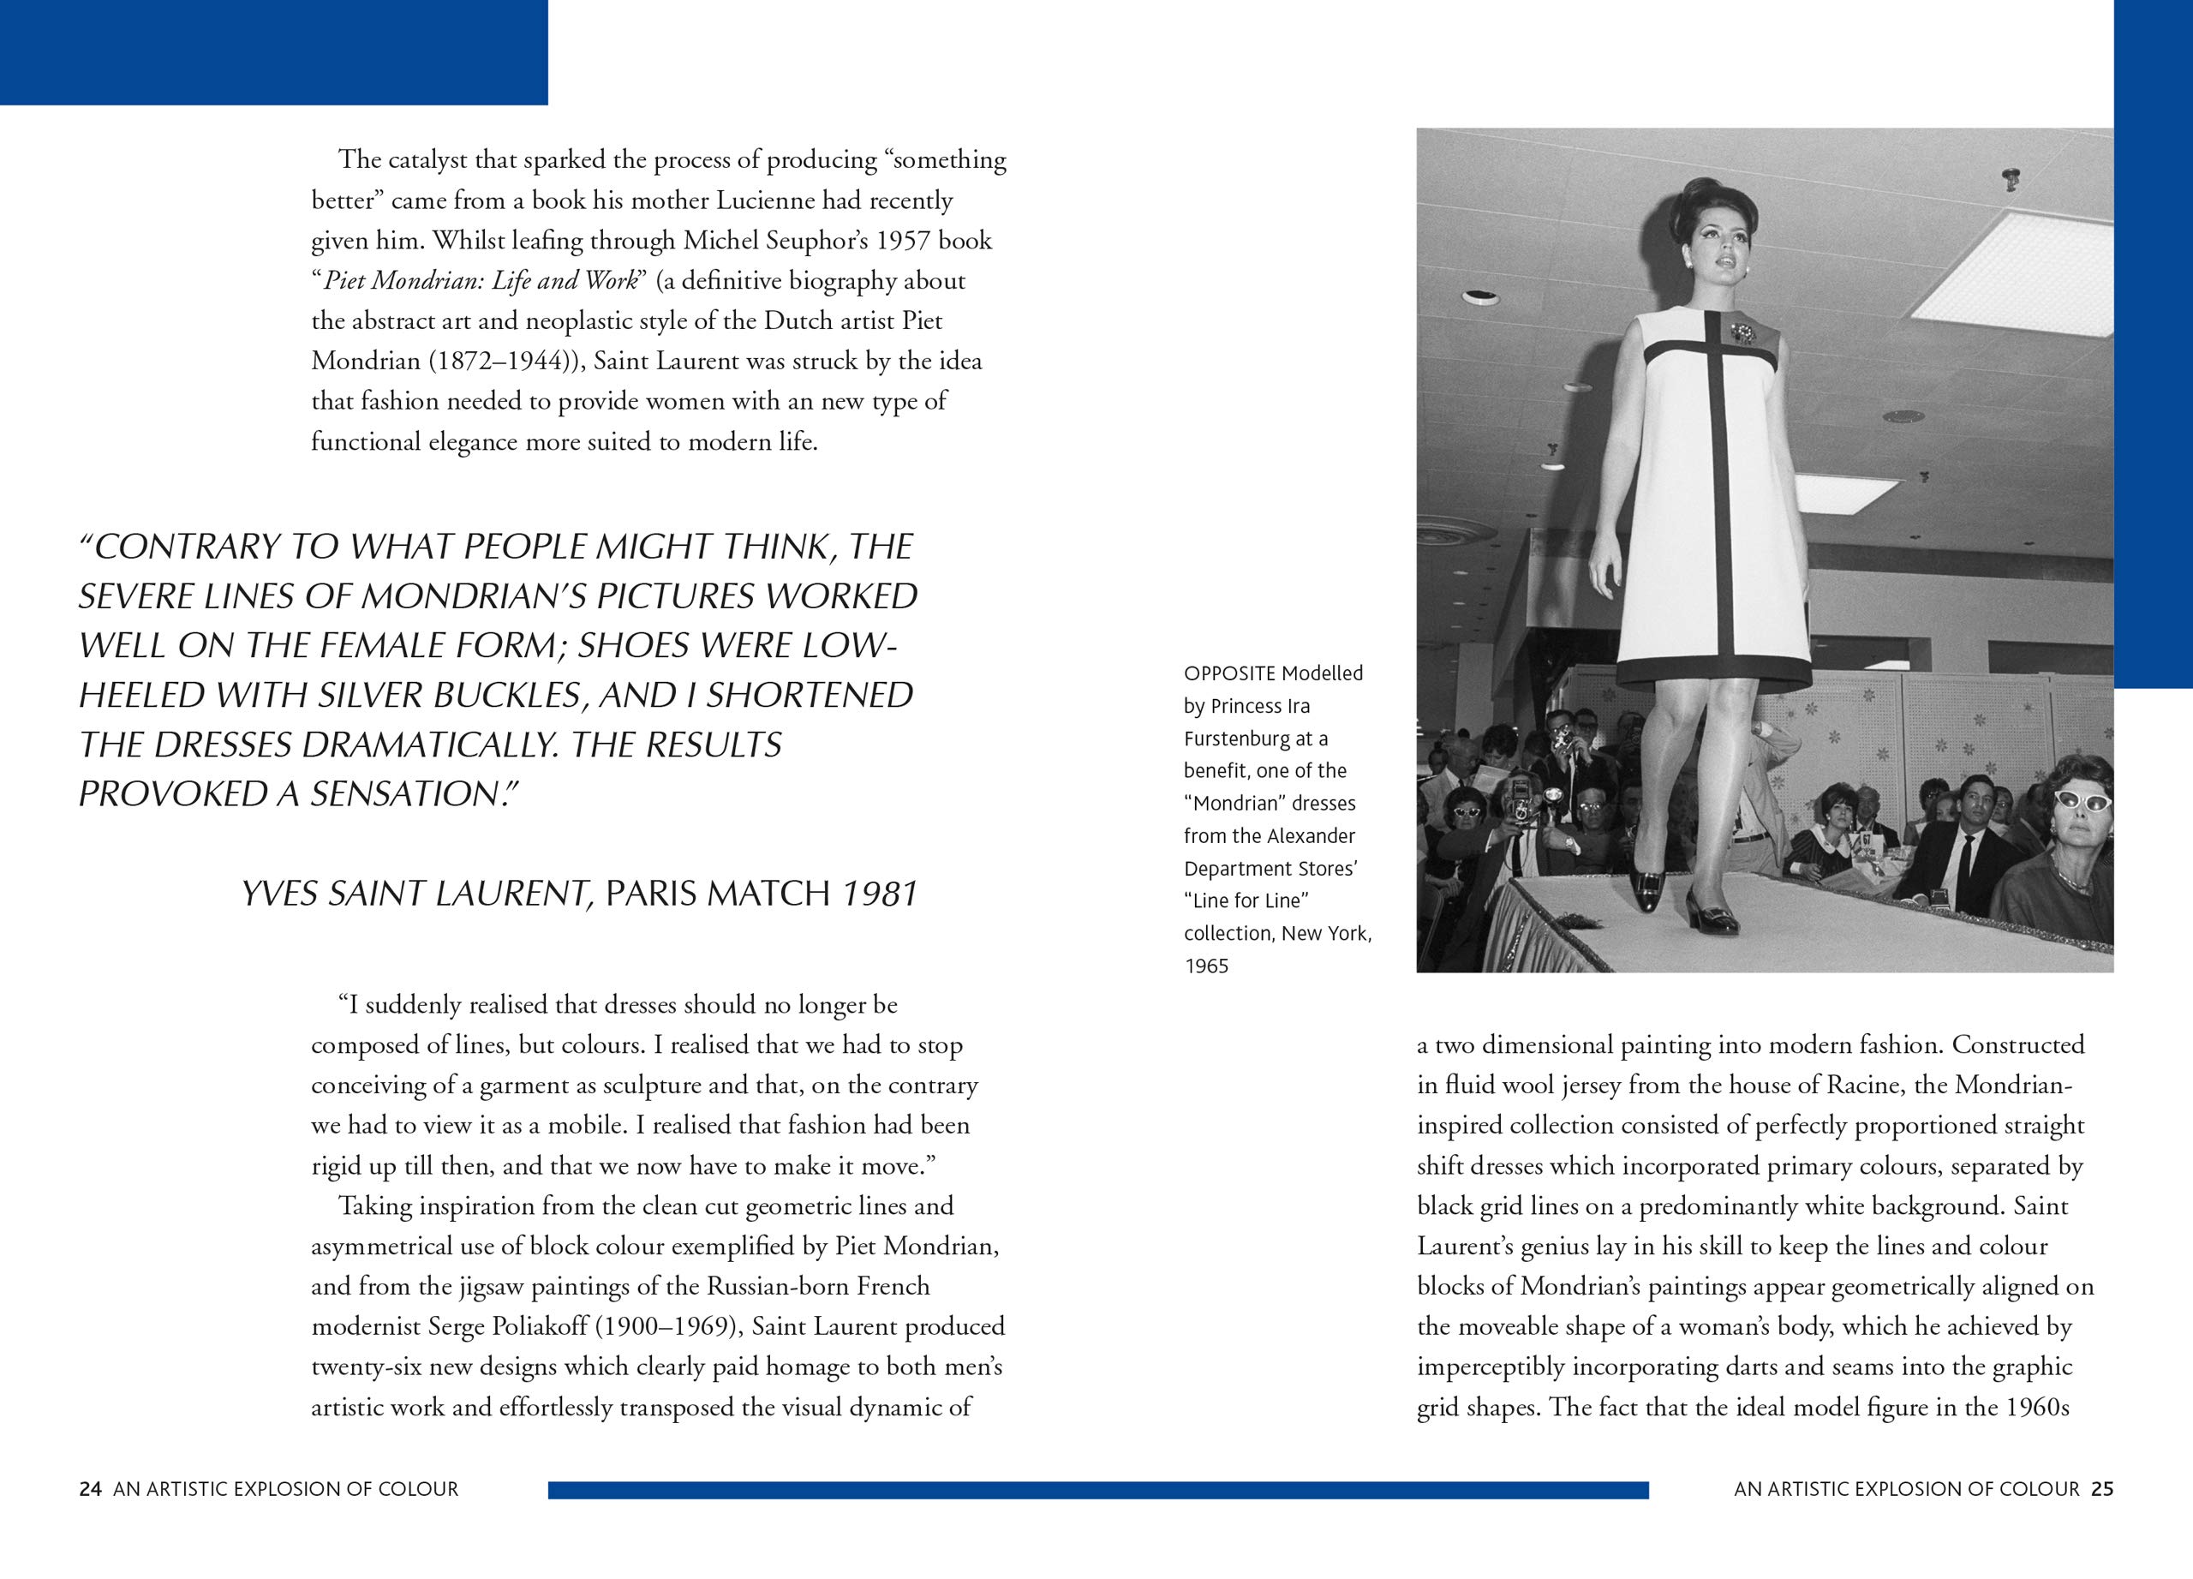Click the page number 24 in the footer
pyautogui.click(x=90, y=1489)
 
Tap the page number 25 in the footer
pyautogui.click(x=2102, y=1489)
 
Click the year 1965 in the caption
pyautogui.click(x=1206, y=966)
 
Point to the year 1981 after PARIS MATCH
pyautogui.click(x=878, y=894)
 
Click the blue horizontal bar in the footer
pyautogui.click(x=1097, y=1490)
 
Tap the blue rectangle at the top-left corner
pyautogui.click(x=273, y=52)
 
